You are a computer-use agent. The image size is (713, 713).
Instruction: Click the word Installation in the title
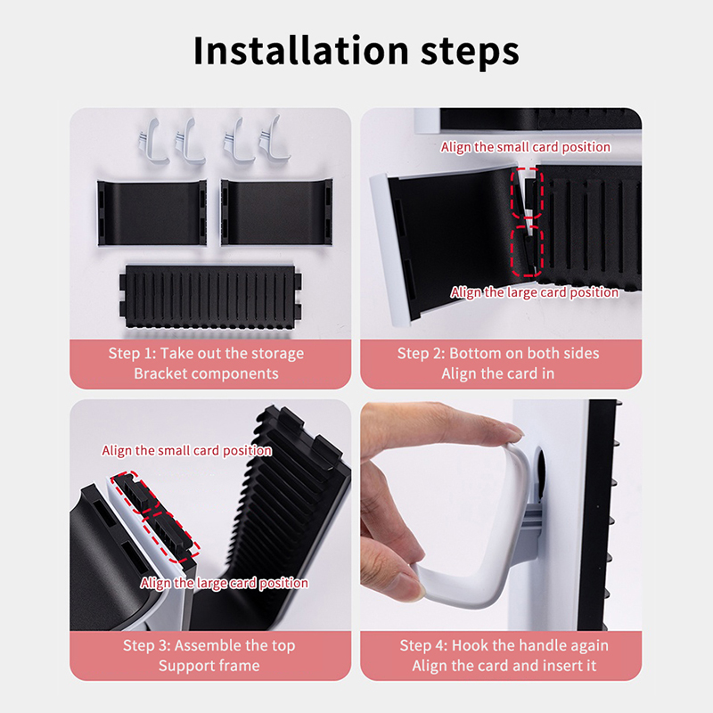pos(301,51)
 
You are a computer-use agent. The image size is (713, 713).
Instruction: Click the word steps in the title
pos(470,53)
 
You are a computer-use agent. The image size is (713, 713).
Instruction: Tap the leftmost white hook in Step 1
pos(152,140)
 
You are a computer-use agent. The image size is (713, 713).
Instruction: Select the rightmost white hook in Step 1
pos(275,139)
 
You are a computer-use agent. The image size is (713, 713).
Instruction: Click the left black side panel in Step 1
pos(152,213)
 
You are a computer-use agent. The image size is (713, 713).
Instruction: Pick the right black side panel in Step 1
pos(276,212)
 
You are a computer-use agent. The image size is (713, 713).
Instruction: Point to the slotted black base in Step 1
pos(210,297)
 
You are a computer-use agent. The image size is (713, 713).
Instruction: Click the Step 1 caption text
pos(206,364)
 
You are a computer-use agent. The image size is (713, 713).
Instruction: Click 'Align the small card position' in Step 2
pos(526,147)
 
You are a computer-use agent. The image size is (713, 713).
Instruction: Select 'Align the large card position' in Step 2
pos(535,292)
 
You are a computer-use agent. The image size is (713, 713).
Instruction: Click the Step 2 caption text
pos(498,364)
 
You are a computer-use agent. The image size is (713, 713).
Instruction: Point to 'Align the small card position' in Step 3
pos(187,451)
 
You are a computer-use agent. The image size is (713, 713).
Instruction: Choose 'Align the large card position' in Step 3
pos(225,583)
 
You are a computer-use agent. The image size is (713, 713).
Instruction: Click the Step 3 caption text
pos(209,655)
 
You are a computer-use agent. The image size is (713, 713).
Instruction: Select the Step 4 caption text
pos(504,655)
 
